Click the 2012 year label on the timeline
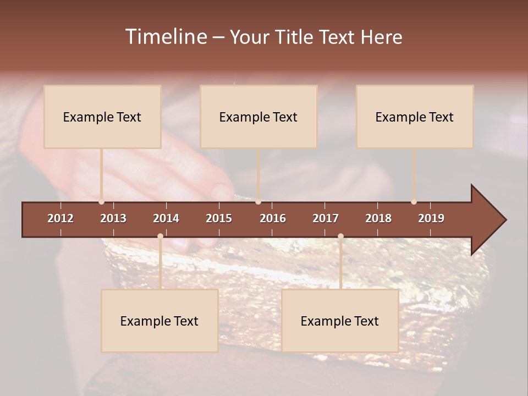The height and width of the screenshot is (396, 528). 61,218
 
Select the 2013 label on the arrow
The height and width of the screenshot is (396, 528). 113,218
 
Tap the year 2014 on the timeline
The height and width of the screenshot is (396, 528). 166,218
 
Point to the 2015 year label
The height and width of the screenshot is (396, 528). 219,218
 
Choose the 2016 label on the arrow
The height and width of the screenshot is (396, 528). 273,218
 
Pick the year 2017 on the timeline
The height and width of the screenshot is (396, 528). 326,218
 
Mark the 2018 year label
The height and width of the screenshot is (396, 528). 378,218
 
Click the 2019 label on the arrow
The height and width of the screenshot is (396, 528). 431,218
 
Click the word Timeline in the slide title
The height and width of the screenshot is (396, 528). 166,37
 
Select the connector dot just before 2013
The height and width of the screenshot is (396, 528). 101,202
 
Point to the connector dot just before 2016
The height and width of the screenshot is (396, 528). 258,202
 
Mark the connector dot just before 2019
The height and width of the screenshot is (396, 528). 414,202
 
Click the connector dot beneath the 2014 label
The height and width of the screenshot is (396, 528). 160,237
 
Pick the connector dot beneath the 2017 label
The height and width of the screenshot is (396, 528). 340,237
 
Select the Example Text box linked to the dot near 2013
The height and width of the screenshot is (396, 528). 102,117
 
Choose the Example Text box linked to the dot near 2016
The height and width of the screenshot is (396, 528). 258,117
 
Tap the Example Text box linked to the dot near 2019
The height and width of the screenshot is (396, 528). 415,117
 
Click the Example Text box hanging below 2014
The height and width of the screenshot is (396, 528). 159,321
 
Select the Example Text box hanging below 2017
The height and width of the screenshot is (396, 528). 340,321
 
